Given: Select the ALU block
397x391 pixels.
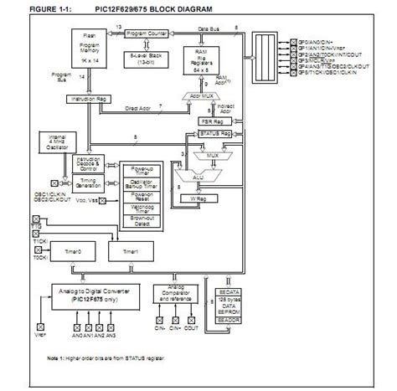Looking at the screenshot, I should tap(198, 178).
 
